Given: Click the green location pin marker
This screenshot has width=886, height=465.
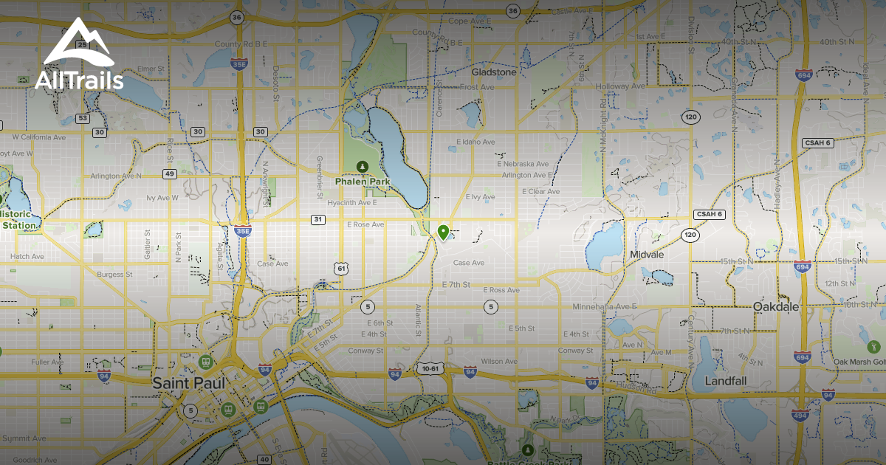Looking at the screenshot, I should (443, 232).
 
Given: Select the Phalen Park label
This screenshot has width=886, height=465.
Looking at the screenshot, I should (362, 180).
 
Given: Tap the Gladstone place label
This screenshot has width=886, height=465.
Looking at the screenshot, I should (494, 72).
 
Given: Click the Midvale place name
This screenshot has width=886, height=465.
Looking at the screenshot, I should (647, 254).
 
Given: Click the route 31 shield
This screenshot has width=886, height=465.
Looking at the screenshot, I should (318, 219).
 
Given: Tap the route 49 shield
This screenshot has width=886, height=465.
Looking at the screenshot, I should (170, 173).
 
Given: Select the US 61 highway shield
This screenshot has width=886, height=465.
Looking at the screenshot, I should (340, 269).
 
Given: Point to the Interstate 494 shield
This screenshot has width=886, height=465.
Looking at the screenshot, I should (803, 415).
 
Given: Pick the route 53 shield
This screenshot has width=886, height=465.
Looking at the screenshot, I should (83, 118).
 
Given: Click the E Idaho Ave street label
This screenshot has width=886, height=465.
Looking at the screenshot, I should (474, 141).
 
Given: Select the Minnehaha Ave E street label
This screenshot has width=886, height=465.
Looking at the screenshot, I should (605, 306).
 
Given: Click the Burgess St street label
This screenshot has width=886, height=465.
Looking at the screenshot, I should (114, 275).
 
